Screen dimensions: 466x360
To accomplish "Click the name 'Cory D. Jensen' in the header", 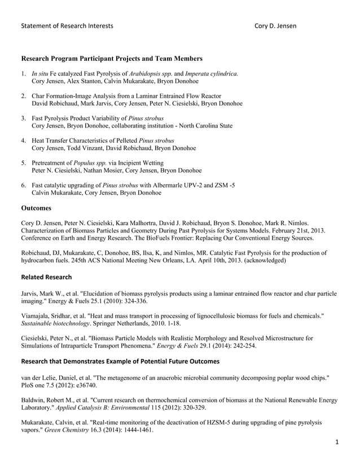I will (275, 26).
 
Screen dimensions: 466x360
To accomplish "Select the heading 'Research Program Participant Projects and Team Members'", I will (112, 59).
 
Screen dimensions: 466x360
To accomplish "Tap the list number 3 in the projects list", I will (23, 118).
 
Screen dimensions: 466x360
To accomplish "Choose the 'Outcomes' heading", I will (36, 208).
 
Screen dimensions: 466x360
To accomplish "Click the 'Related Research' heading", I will (46, 277).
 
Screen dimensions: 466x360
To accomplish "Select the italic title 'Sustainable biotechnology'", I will (55, 323).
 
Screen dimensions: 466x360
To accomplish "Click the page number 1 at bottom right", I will (337, 443).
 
